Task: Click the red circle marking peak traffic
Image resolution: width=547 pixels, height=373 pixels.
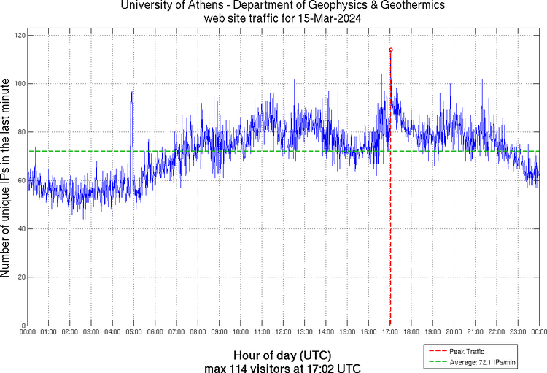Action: coord(391,50)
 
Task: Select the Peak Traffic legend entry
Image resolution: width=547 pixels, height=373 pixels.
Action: coord(466,352)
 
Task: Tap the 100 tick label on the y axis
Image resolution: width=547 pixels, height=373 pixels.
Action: coord(20,84)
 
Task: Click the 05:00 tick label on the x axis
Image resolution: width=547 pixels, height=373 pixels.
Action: coord(134,332)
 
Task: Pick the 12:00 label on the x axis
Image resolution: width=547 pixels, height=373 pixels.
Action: coord(283,332)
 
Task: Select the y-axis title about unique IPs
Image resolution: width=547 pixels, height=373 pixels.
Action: coord(7,180)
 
